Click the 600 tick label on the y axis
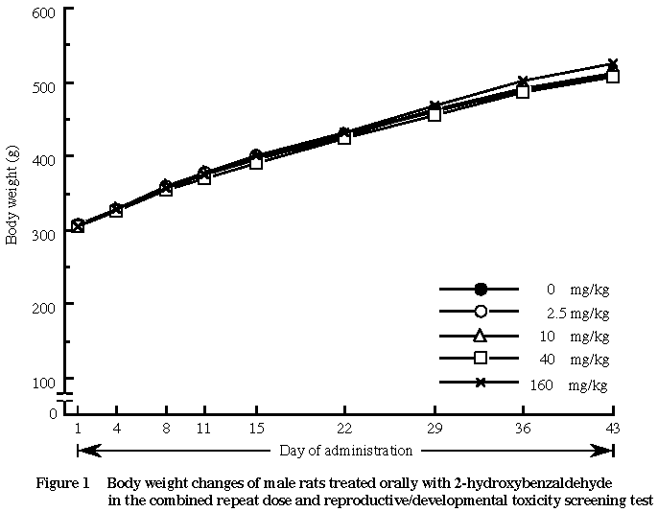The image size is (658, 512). [x=46, y=11]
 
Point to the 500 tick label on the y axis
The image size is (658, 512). [x=46, y=84]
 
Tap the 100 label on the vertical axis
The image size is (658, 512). [x=46, y=383]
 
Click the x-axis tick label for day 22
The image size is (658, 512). [x=344, y=429]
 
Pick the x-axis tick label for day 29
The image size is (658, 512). [x=435, y=429]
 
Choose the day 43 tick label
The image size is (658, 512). [x=613, y=429]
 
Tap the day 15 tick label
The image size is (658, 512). [x=256, y=429]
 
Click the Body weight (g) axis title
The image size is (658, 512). [x=12, y=196]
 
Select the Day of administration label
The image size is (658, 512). [x=346, y=450]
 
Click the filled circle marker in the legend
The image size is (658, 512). [x=481, y=289]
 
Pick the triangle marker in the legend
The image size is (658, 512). [x=481, y=336]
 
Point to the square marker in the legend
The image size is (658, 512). [x=481, y=359]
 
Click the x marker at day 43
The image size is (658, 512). [x=613, y=64]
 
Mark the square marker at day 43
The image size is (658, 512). [x=613, y=77]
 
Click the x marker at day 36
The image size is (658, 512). [x=523, y=82]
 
